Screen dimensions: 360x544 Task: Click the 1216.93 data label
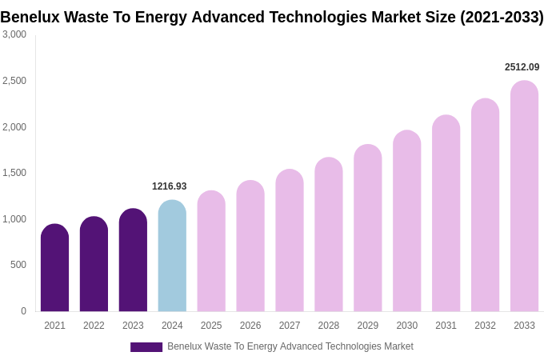[x=170, y=186]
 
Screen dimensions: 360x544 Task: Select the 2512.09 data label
[x=522, y=67]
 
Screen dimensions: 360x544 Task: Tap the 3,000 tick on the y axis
[x=14, y=34]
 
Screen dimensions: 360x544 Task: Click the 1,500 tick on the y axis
[x=14, y=173]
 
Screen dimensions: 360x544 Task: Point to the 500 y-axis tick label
[x=18, y=265]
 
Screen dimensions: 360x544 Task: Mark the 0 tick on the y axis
[x=23, y=311]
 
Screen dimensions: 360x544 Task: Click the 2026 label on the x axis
[x=250, y=326]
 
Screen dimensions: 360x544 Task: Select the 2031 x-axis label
[x=446, y=326]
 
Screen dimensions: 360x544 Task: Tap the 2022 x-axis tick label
[x=94, y=326]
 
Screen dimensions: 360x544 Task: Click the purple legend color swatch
[x=146, y=347]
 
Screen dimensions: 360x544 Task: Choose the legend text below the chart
[x=290, y=346]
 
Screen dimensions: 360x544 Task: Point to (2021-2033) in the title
[x=502, y=17]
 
